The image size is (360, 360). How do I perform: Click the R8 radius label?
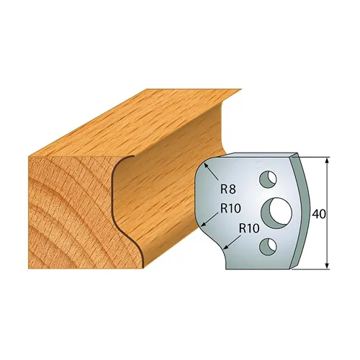pos(228,190)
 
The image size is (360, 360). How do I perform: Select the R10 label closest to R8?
pos(230,210)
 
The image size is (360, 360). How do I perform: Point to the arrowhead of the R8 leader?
pos(206,165)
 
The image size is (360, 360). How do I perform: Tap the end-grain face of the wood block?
pos(65,209)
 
